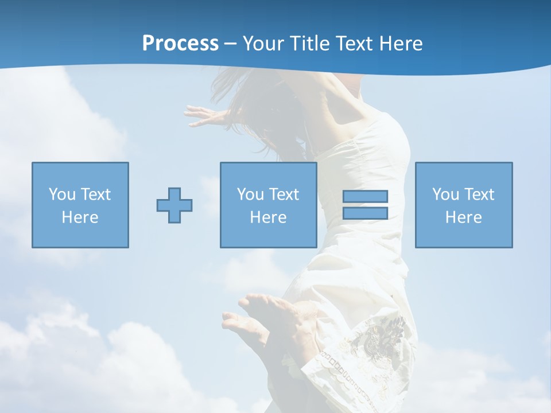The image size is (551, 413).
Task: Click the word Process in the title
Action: tap(180, 44)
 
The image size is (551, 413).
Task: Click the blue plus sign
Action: tap(174, 205)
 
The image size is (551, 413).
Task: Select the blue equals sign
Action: tap(365, 205)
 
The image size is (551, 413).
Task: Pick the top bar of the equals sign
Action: tap(365, 197)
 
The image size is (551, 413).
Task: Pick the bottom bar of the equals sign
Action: tap(365, 213)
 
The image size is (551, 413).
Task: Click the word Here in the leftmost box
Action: tap(80, 217)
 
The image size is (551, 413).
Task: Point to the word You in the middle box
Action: tap(250, 194)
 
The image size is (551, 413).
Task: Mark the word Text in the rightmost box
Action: tap(479, 194)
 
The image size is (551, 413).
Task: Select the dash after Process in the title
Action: tap(231, 44)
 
